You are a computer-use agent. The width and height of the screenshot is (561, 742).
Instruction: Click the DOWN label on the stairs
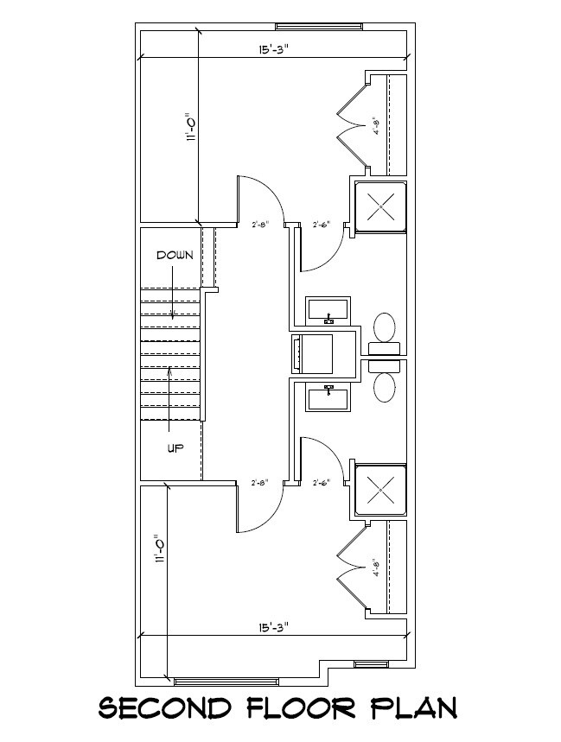point(175,256)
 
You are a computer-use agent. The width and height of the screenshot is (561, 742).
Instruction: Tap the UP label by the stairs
point(175,447)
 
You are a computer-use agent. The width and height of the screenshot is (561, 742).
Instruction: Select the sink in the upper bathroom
point(328,309)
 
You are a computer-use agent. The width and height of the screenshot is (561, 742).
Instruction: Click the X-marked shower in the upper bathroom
point(380,207)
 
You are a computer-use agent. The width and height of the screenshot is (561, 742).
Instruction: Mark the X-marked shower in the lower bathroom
point(380,490)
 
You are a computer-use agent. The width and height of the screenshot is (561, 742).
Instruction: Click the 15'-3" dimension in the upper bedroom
point(272,49)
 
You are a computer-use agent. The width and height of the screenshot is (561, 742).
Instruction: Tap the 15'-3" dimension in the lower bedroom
point(272,627)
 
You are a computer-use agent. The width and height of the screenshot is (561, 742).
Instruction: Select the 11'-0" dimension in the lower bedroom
point(159,550)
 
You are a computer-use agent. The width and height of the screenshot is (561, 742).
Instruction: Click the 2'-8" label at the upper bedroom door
point(260,225)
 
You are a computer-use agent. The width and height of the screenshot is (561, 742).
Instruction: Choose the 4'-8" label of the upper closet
point(376,125)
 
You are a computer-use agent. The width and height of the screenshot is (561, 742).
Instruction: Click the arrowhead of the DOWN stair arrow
point(174,319)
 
